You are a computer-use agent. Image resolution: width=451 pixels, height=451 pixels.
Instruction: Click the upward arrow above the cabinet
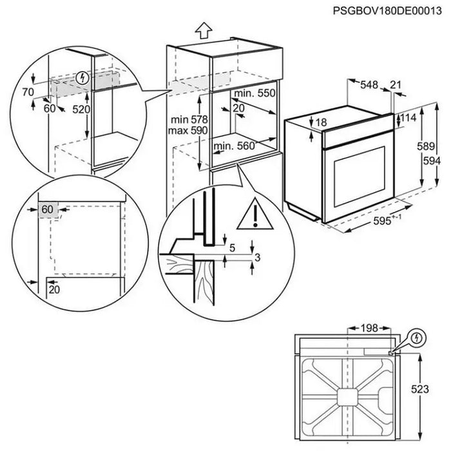click(204, 28)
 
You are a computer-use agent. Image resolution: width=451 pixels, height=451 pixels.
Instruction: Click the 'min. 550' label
click(255, 93)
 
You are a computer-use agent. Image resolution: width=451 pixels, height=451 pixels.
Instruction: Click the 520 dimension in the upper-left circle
click(80, 110)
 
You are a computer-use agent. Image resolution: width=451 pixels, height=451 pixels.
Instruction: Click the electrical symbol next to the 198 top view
click(416, 336)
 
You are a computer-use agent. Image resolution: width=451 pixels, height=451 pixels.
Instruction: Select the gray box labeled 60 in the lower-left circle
click(48, 209)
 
